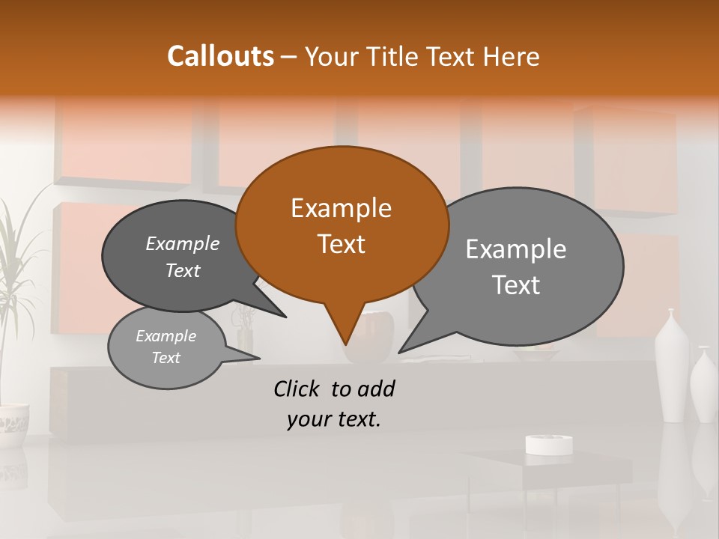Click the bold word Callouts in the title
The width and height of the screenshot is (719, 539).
(220, 56)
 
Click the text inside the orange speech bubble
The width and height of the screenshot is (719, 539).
(341, 225)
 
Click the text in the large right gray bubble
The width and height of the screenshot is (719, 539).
(516, 267)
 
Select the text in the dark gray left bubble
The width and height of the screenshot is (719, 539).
(183, 257)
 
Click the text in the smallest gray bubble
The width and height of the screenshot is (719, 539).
(166, 347)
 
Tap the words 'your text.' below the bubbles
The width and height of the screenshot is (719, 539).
(334, 419)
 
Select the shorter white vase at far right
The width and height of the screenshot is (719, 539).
(704, 383)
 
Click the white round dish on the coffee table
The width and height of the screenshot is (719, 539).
(549, 444)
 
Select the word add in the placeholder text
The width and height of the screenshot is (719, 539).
(376, 389)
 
